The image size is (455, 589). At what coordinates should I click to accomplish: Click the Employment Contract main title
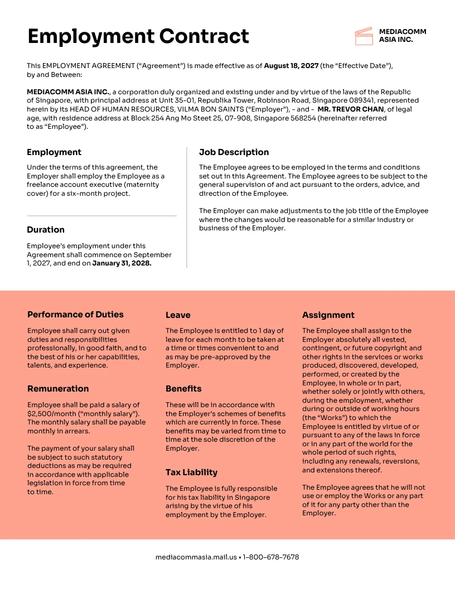point(138,36)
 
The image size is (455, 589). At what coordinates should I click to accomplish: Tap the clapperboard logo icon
point(364,36)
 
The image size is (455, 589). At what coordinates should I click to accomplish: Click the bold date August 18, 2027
point(291,66)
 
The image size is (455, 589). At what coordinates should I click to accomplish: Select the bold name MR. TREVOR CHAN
point(350,109)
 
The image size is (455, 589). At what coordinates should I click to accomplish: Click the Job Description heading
point(234,152)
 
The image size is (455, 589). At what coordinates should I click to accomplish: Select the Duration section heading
point(46,230)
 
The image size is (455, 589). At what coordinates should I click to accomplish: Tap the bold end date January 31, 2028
point(122,263)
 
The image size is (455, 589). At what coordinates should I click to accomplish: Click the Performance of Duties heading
point(75,315)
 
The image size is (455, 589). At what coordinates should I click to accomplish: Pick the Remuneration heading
point(58,389)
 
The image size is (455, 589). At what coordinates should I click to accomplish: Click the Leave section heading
point(178,315)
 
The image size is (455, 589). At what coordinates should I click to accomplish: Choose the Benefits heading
point(183,389)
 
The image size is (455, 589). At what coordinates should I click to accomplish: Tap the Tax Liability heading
point(191,472)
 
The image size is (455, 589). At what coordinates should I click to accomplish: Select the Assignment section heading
point(328,315)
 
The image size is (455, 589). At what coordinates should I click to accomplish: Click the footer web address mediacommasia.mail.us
point(196,557)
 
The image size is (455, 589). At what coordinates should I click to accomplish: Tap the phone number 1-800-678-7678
point(271,557)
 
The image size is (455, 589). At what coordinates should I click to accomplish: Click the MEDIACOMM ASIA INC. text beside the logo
point(402,36)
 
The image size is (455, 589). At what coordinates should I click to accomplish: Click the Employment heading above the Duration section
point(54,152)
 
